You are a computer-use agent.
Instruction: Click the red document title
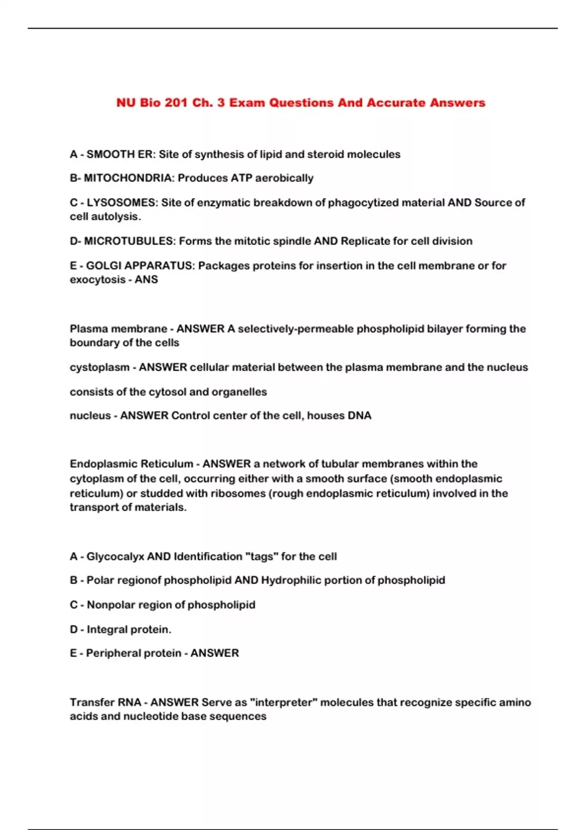coord(300,103)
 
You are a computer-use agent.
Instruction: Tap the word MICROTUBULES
coord(129,241)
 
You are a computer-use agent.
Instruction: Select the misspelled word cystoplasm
coord(99,367)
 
